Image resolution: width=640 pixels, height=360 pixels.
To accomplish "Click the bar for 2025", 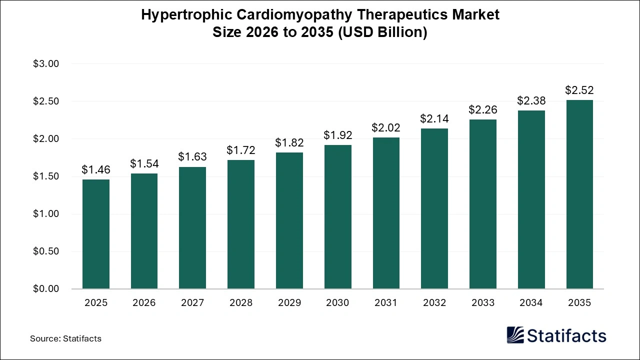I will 96,234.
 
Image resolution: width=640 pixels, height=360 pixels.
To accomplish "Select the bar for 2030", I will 338,217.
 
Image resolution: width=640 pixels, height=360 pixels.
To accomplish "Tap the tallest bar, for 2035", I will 579,194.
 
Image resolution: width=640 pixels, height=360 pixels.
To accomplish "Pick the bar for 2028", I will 241,224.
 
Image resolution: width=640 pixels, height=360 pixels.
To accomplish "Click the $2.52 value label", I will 579,90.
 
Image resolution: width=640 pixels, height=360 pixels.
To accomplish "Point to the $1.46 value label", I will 96,169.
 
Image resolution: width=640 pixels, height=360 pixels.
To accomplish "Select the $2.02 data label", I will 386,127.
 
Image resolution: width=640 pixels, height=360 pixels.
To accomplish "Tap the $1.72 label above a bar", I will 241,150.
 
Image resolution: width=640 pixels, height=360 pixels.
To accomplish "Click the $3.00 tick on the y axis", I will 46,64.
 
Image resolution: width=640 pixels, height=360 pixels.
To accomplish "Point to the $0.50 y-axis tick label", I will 46,251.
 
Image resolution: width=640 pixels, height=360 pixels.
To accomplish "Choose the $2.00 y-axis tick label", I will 46,139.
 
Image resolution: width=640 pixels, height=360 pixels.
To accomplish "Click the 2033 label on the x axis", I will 482,302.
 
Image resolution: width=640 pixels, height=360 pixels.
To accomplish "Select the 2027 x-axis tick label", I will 192,302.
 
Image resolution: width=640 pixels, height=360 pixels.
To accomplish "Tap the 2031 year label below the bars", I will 386,302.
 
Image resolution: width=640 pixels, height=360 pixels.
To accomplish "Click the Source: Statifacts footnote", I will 65,338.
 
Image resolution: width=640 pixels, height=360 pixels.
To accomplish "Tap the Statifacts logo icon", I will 515,335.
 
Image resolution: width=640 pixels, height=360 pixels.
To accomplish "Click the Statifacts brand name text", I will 566,335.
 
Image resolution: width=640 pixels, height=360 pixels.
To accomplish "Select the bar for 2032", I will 434,208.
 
